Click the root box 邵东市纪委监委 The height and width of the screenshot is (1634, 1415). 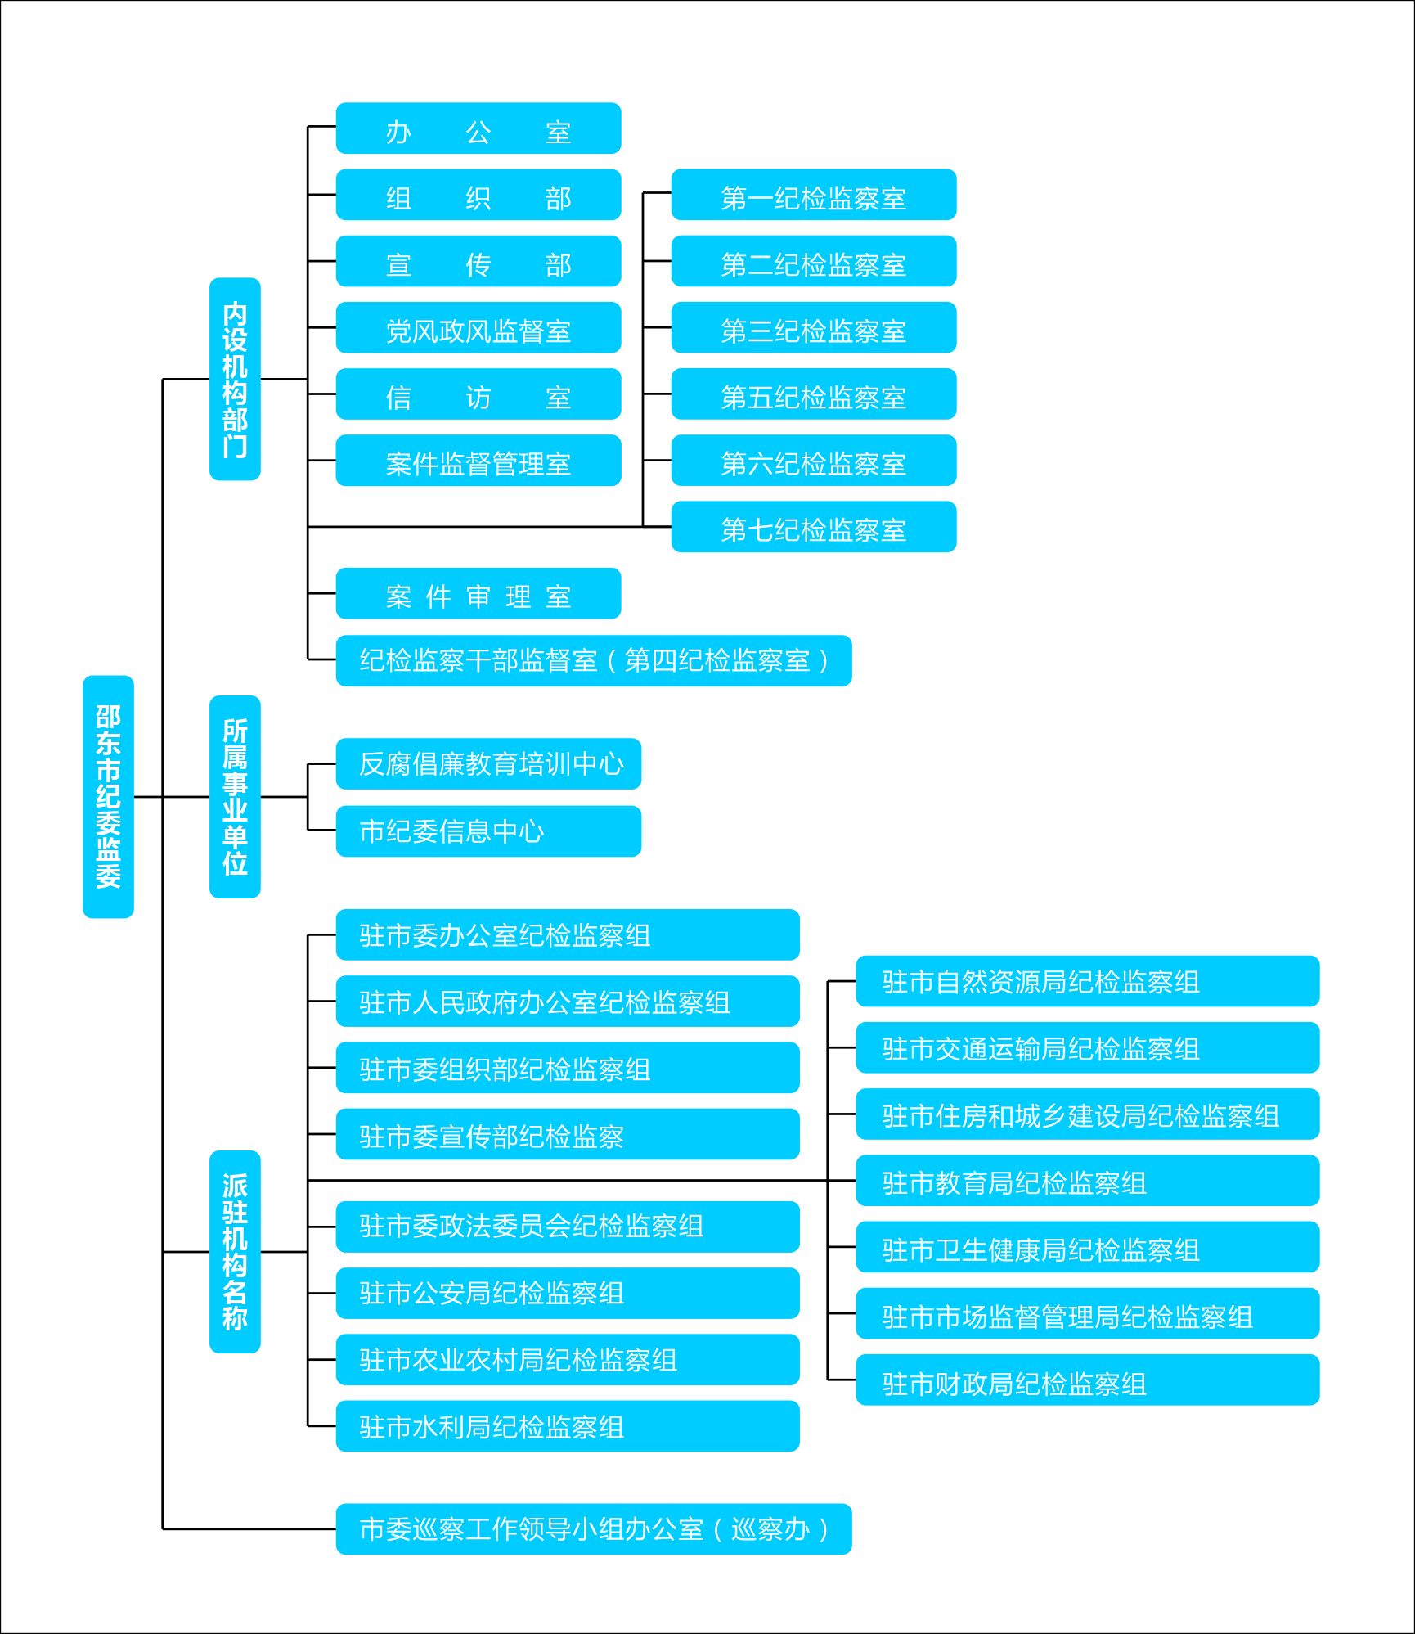[108, 796]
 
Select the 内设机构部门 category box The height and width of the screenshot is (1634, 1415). [235, 379]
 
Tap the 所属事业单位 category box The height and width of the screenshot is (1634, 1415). [235, 796]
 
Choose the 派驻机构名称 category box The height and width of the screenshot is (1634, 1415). [235, 1251]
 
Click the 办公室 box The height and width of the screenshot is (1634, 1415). [478, 128]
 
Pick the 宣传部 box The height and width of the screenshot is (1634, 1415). [478, 261]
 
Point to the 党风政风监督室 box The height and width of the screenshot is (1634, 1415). [478, 327]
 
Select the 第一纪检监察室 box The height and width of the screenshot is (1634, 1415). [814, 195]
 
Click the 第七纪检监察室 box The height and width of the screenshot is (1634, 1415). [814, 527]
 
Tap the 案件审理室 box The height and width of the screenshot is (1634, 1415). [478, 593]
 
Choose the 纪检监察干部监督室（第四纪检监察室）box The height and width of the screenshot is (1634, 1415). [594, 660]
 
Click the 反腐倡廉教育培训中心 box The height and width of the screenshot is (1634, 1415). [488, 764]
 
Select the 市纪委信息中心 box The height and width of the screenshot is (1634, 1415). [488, 831]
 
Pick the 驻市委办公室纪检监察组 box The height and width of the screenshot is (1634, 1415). [568, 934]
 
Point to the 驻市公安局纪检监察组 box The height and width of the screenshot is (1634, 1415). [568, 1293]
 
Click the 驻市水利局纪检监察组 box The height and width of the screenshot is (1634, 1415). [568, 1426]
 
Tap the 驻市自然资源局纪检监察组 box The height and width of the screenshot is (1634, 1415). [1088, 981]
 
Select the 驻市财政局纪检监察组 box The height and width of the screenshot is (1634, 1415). [1088, 1380]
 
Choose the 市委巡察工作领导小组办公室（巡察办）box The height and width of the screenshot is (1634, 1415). [594, 1528]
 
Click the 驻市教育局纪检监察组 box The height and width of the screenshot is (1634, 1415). [1088, 1180]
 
